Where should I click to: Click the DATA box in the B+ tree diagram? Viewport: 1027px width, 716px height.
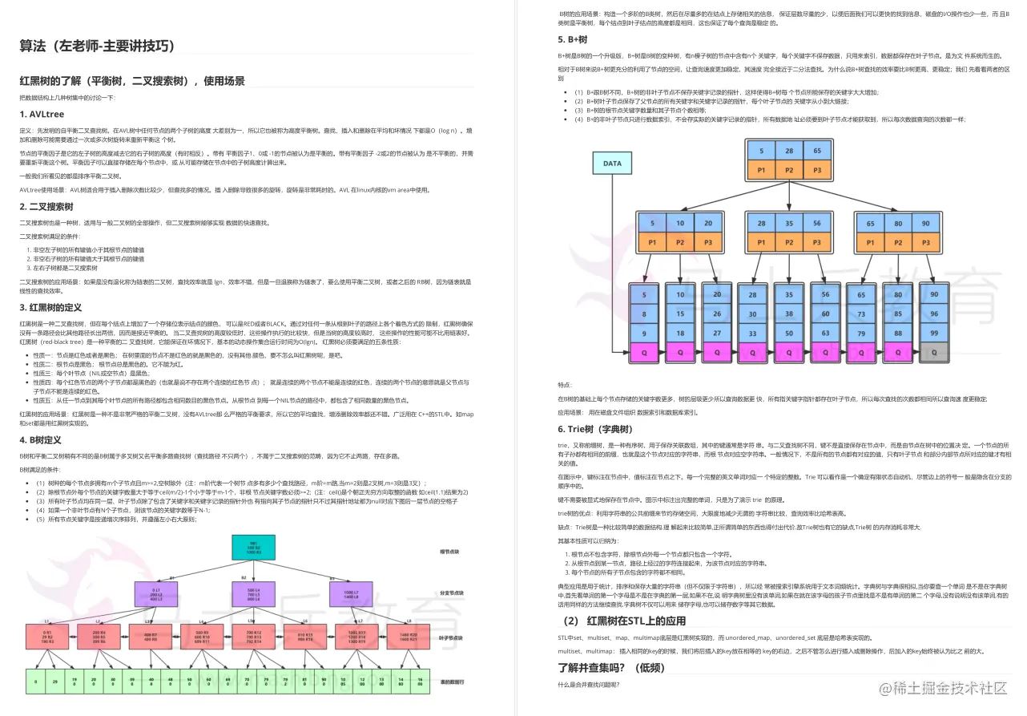coord(612,163)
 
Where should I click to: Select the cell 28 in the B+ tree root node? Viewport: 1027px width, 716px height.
coord(789,151)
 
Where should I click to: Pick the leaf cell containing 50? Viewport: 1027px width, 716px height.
coord(789,333)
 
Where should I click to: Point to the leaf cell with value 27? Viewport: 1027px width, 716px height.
coord(717,333)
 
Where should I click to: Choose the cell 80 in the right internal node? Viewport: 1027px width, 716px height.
coord(898,223)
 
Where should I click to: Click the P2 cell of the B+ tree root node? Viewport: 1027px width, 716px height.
coord(789,170)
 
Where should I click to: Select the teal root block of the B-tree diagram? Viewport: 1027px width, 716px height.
coord(253,548)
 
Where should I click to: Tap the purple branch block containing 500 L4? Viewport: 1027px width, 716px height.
coord(253,594)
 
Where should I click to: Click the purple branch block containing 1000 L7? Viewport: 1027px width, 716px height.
coord(351,594)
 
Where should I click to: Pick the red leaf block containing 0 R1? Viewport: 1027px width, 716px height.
coord(47,637)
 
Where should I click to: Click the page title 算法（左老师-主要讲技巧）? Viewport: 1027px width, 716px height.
coord(97,46)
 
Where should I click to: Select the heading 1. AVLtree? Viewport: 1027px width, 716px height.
coord(42,114)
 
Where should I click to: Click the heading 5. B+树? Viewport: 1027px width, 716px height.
coord(573,39)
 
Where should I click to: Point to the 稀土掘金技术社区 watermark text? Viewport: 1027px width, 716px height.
coord(944,688)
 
